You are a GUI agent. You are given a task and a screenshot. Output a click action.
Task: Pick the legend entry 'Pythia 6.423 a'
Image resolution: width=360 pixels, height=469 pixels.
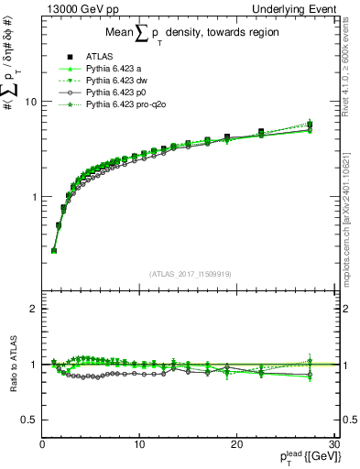tap(114, 69)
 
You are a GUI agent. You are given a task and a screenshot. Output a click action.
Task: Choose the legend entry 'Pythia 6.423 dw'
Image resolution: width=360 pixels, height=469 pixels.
tap(116, 81)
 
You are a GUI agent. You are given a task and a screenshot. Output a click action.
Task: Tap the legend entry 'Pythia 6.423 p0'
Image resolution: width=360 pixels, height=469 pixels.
tap(116, 93)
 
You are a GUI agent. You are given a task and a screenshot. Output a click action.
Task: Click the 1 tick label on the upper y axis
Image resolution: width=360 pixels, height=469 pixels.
tap(32, 197)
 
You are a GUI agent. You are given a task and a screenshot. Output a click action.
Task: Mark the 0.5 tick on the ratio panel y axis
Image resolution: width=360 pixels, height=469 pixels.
tap(27, 420)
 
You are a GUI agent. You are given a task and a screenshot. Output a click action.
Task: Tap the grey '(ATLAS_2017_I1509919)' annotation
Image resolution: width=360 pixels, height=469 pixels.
tap(189, 273)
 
